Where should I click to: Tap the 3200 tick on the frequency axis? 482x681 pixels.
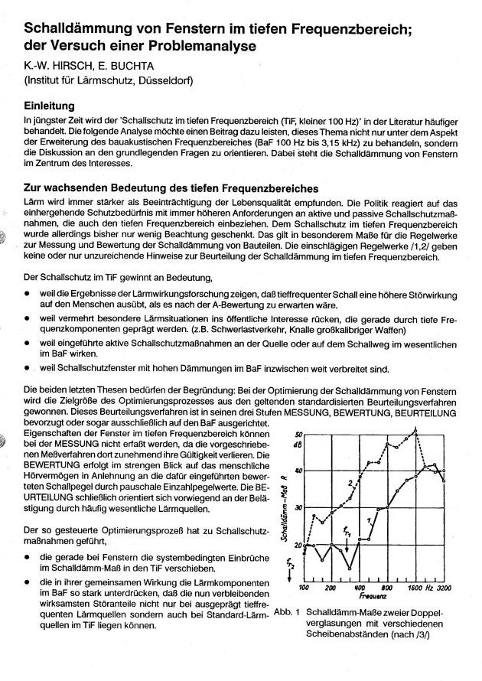[445, 588]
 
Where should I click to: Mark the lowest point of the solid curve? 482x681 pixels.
[349, 569]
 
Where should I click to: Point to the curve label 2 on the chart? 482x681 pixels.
[349, 482]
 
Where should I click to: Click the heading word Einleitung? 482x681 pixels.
[53, 106]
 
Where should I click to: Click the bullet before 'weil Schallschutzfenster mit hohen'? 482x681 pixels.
[28, 367]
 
